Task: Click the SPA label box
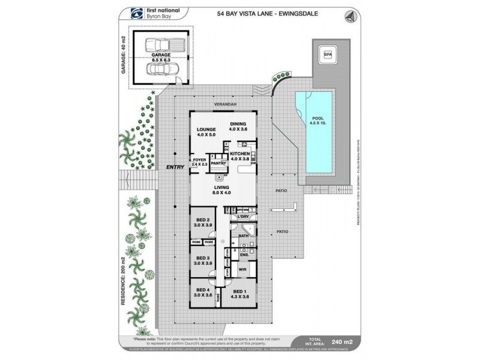coord(328,55)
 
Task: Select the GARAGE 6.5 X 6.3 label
coord(157,58)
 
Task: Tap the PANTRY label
coord(218,163)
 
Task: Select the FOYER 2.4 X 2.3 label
coord(199,162)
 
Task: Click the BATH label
coord(244,237)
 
